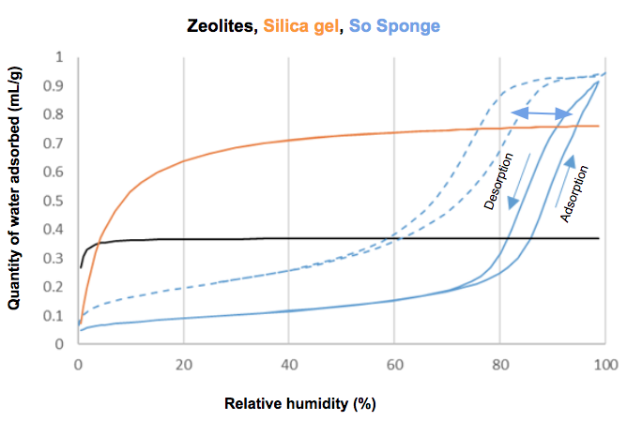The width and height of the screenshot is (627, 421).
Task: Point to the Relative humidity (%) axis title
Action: (x=300, y=404)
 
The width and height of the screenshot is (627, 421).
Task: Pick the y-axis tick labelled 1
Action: (x=61, y=57)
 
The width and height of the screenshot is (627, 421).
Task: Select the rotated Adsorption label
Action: (x=575, y=194)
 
